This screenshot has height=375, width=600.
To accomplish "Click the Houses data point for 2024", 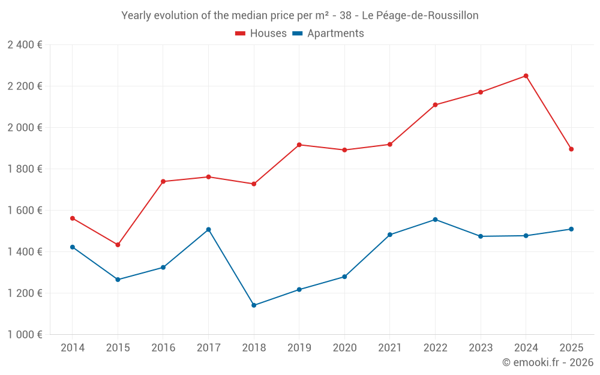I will (x=526, y=76).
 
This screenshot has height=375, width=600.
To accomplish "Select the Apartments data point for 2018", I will (x=254, y=305).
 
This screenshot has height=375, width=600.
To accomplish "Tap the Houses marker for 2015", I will (x=118, y=245).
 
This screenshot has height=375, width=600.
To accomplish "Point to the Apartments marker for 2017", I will (x=208, y=230).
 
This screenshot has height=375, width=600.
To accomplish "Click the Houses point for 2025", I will (x=571, y=149).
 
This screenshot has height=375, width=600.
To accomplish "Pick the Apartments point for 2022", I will (x=435, y=220).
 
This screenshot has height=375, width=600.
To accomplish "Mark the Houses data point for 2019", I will (x=299, y=145).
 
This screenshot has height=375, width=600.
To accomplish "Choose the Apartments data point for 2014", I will (x=73, y=247).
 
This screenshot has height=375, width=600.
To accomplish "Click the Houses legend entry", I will (x=261, y=34).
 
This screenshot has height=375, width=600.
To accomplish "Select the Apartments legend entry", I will (x=328, y=34).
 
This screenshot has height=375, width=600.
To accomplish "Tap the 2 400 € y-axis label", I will (x=25, y=45).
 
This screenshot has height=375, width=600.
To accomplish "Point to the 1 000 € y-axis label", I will (x=25, y=335).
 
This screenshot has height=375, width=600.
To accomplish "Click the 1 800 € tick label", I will (x=25, y=169).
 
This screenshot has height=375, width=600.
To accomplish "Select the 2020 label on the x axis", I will (x=344, y=348).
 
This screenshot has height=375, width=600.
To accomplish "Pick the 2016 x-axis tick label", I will (x=163, y=348).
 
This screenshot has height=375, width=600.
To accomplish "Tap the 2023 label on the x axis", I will (x=481, y=348).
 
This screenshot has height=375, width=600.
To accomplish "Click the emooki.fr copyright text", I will (x=547, y=362).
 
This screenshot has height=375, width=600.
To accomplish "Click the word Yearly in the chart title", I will (x=137, y=16).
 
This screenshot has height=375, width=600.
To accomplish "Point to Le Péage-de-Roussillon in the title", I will (x=420, y=16).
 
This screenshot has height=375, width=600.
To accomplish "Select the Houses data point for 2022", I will (x=435, y=105).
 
